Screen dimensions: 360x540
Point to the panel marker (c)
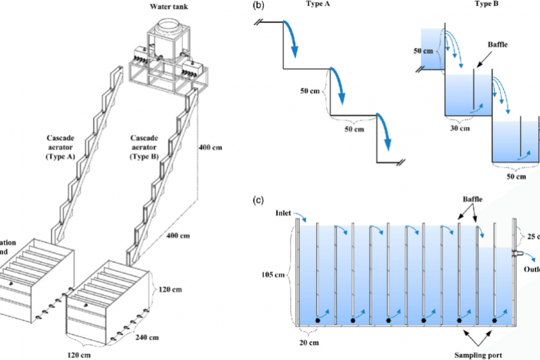click(x=258, y=201)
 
